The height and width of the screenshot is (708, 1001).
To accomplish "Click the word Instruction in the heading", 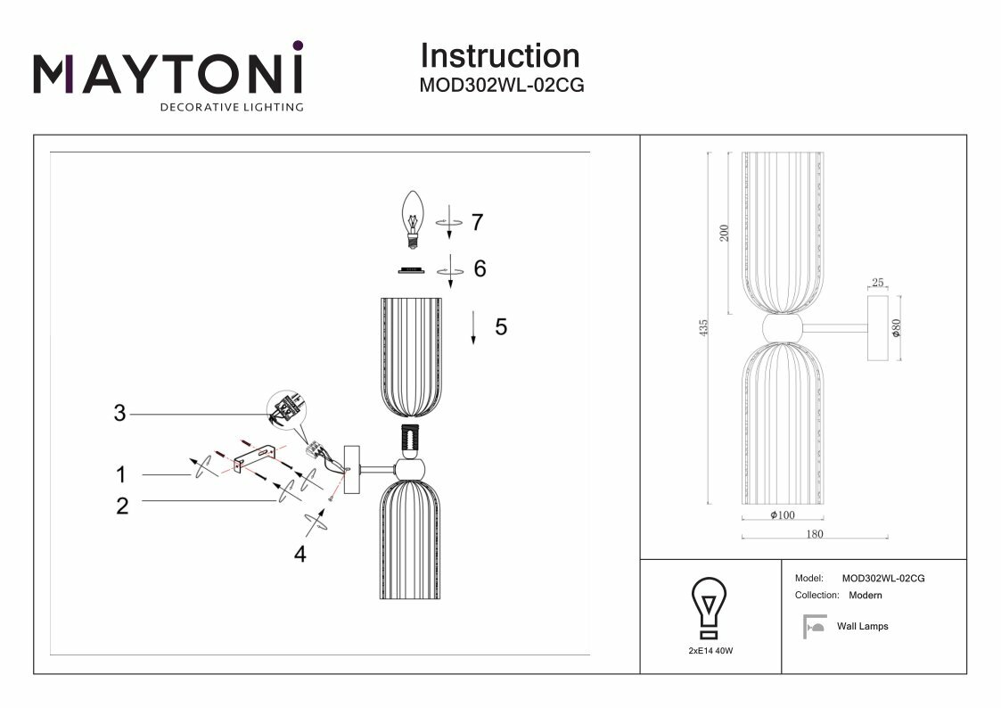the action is pyautogui.click(x=499, y=56).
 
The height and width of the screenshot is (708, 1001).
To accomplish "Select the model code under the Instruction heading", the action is pyautogui.click(x=501, y=86).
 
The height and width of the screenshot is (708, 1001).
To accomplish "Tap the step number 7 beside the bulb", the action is pyautogui.click(x=477, y=222).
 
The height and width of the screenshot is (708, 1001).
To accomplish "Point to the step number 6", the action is pyautogui.click(x=480, y=268).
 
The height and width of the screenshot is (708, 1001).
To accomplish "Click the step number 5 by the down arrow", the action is pyautogui.click(x=501, y=327).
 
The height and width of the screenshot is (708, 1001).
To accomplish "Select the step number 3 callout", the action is pyautogui.click(x=120, y=413).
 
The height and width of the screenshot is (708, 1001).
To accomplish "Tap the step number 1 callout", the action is pyautogui.click(x=120, y=474).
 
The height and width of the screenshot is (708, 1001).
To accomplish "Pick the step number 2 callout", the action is pyautogui.click(x=122, y=506).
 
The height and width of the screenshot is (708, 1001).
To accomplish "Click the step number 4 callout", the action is pyautogui.click(x=300, y=554).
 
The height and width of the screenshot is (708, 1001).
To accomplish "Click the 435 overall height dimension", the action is pyautogui.click(x=703, y=327).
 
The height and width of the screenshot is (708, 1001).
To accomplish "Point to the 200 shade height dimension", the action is pyautogui.click(x=725, y=234).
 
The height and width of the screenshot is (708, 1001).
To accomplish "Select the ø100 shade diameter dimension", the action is pyautogui.click(x=782, y=515).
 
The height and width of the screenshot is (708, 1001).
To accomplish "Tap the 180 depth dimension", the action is pyautogui.click(x=814, y=534).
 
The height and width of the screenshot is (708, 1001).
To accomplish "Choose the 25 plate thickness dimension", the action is pyautogui.click(x=878, y=283).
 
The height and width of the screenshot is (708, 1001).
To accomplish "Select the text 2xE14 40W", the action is pyautogui.click(x=710, y=652).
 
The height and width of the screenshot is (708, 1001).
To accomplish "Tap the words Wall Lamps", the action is pyautogui.click(x=862, y=627).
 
